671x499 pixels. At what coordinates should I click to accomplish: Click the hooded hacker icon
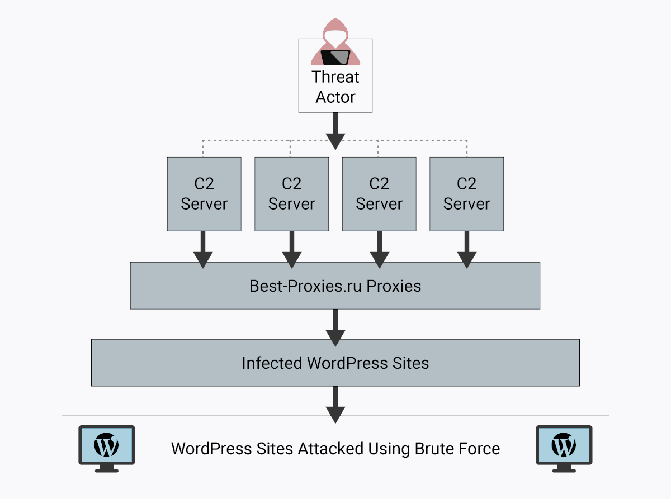pyautogui.click(x=335, y=42)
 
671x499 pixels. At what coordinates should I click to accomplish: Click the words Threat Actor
pyautogui.click(x=335, y=87)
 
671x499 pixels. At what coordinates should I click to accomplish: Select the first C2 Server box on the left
pyautogui.click(x=204, y=194)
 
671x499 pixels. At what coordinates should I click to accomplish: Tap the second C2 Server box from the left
pyautogui.click(x=291, y=194)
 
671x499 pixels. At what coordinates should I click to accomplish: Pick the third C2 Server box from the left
pyautogui.click(x=379, y=194)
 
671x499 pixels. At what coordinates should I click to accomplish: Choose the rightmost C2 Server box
pyautogui.click(x=466, y=194)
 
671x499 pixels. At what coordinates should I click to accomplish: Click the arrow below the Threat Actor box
pyautogui.click(x=335, y=131)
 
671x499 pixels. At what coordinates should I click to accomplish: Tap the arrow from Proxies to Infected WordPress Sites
pyautogui.click(x=335, y=327)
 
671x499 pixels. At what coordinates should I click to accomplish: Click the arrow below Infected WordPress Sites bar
pyautogui.click(x=335, y=403)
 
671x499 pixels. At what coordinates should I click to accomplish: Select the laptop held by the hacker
pyautogui.click(x=335, y=57)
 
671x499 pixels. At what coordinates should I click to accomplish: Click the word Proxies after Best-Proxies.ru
pyautogui.click(x=394, y=287)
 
